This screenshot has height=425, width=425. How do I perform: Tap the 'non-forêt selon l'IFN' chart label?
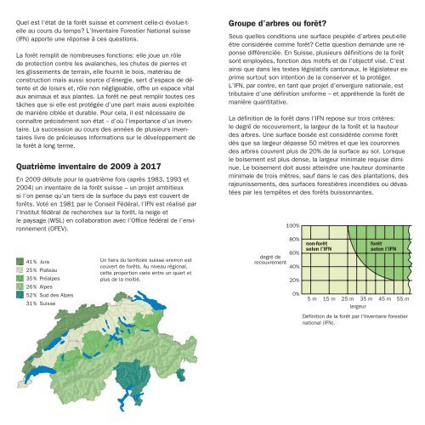(x=325, y=246)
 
